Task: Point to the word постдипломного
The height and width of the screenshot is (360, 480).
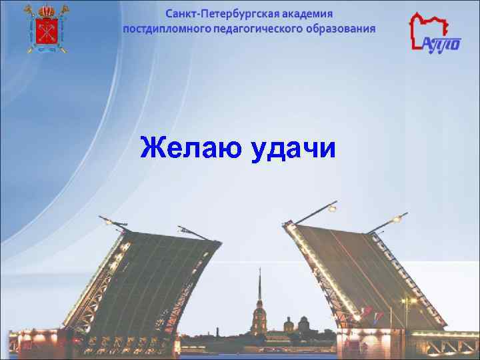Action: click(168, 29)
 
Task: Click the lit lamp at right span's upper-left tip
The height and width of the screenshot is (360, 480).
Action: click(331, 209)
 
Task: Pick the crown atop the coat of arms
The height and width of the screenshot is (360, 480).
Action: click(46, 9)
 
